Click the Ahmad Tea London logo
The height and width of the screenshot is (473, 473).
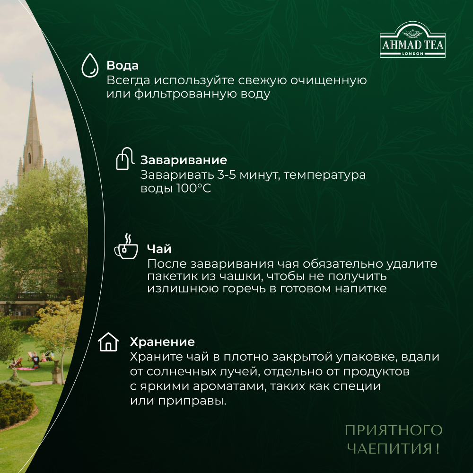412,40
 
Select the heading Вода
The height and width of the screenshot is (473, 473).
123,65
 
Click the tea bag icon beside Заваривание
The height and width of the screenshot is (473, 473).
123,160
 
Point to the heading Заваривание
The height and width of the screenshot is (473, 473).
184,160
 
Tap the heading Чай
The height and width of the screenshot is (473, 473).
159,249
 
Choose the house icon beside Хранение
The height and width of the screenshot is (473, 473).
108,342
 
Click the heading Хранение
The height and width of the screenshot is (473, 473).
162,342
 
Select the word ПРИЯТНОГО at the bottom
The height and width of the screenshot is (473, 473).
393,430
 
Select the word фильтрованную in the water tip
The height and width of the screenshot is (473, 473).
186,94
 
